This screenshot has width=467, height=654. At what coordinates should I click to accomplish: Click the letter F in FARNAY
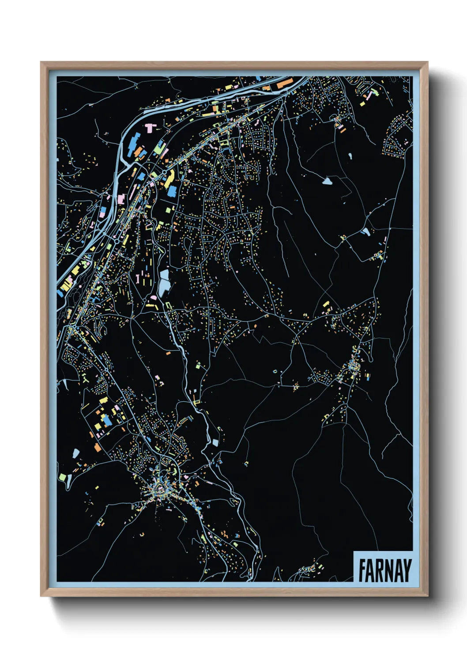pos(362,570)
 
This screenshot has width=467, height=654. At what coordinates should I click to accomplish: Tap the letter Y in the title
pos(407,570)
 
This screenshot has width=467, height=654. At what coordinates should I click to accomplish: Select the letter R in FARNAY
pos(379,570)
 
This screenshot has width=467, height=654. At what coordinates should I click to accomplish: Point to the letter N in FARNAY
pos(388,570)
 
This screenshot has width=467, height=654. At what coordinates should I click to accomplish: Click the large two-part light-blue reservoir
pos(164,283)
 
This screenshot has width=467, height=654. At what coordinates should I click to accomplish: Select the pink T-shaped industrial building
pos(151,128)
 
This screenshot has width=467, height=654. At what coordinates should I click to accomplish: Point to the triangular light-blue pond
pos(327,180)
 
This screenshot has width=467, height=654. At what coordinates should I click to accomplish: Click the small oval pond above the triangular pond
pos(350,156)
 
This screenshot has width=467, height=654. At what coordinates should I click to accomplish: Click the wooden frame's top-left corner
pos(41,63)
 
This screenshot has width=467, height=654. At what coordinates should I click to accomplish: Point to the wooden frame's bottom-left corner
pos(41,596)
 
